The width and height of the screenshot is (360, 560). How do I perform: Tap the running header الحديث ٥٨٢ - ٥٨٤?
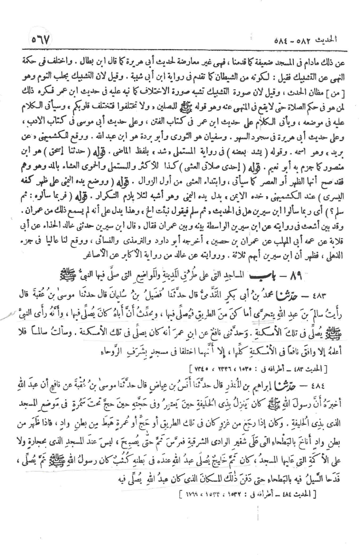pos(309,41)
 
